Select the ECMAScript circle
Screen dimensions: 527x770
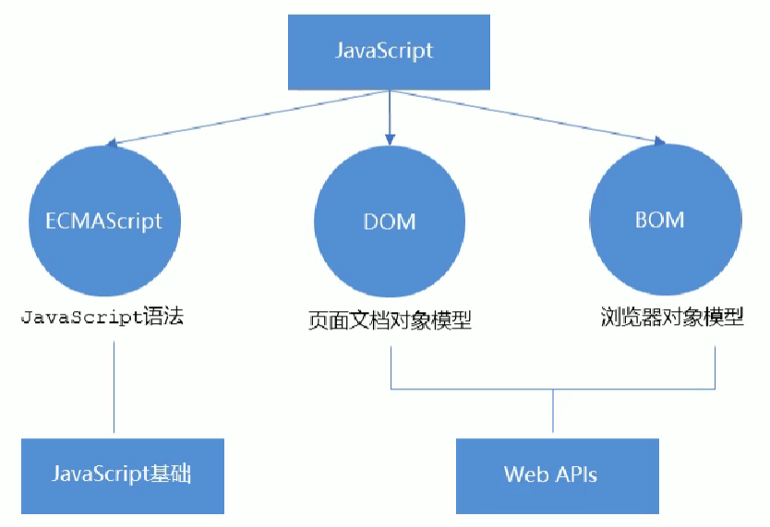click(104, 220)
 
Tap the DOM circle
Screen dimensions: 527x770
click(390, 220)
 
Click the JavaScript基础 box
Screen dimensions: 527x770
click(122, 475)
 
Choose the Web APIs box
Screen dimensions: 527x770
click(557, 475)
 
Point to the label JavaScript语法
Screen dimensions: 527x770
click(102, 317)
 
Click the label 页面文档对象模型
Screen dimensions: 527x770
click(390, 321)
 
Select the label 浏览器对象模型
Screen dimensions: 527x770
click(670, 317)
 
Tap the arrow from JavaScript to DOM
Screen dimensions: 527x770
click(390, 115)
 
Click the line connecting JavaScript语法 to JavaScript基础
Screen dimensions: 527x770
click(114, 388)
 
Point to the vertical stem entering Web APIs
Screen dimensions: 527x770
click(553, 411)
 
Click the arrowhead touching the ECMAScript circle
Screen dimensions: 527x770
click(112, 143)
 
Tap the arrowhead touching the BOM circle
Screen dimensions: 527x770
click(658, 141)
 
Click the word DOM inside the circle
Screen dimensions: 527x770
click(390, 222)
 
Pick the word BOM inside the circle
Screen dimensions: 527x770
click(659, 220)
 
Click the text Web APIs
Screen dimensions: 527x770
click(550, 475)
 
